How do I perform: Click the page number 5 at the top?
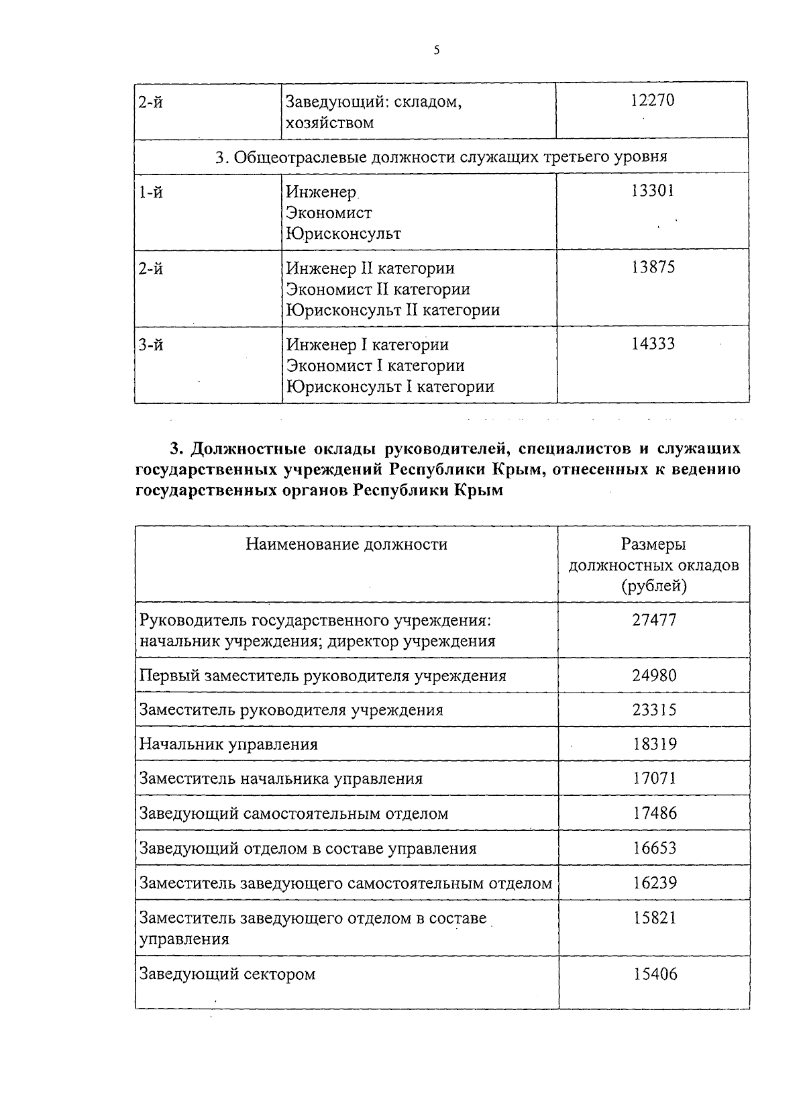pyautogui.click(x=437, y=50)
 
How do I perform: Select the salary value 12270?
pyautogui.click(x=652, y=101)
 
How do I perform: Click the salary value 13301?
pyautogui.click(x=652, y=191)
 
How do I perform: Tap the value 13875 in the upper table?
pyautogui.click(x=652, y=267)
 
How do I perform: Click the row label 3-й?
pyautogui.click(x=151, y=345)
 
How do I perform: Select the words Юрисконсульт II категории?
pyautogui.click(x=392, y=310)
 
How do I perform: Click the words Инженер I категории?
pyautogui.click(x=367, y=345)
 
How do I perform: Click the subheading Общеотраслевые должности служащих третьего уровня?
pyautogui.click(x=441, y=157)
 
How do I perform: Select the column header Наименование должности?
pyautogui.click(x=346, y=544)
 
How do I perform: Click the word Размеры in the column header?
pyautogui.click(x=653, y=544)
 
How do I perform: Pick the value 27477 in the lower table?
pyautogui.click(x=654, y=619)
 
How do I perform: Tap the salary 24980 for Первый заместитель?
pyautogui.click(x=654, y=675)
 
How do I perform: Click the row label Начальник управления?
pyautogui.click(x=228, y=744)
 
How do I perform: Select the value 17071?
pyautogui.click(x=654, y=778)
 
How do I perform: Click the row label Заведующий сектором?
pyautogui.click(x=227, y=974)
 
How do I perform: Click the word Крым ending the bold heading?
pyautogui.click(x=478, y=491)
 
